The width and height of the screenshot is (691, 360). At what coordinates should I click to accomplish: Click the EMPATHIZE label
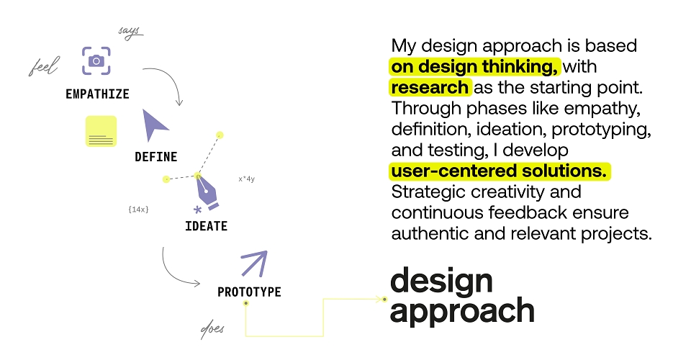click(x=97, y=94)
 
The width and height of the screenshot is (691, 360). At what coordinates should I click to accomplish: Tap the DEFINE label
click(x=156, y=157)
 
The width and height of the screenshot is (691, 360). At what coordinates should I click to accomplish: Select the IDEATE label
click(x=207, y=226)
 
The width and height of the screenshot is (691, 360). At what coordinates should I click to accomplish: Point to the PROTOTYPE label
click(x=250, y=292)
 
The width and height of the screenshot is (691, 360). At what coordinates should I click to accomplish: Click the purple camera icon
click(x=96, y=60)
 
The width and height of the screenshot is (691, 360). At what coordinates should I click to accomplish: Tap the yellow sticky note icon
click(x=101, y=131)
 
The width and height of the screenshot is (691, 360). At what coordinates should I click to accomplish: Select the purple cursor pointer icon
click(x=153, y=125)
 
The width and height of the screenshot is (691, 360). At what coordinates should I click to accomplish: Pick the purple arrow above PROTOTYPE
click(x=254, y=264)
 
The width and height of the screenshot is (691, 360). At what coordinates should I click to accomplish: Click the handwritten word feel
click(x=44, y=66)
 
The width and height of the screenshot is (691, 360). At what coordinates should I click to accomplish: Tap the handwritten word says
click(x=130, y=32)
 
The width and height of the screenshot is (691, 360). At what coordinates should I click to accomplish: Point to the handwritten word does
click(x=212, y=330)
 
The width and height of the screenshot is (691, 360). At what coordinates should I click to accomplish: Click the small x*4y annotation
click(x=247, y=179)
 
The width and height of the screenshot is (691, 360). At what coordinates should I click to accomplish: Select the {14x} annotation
click(x=138, y=210)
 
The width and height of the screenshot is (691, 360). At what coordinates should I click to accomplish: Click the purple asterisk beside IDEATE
click(x=198, y=210)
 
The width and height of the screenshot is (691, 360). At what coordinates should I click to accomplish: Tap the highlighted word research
click(x=430, y=87)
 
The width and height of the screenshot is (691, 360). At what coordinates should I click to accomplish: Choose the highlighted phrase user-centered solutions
click(x=499, y=171)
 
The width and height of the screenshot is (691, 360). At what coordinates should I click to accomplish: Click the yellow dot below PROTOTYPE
click(x=246, y=303)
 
